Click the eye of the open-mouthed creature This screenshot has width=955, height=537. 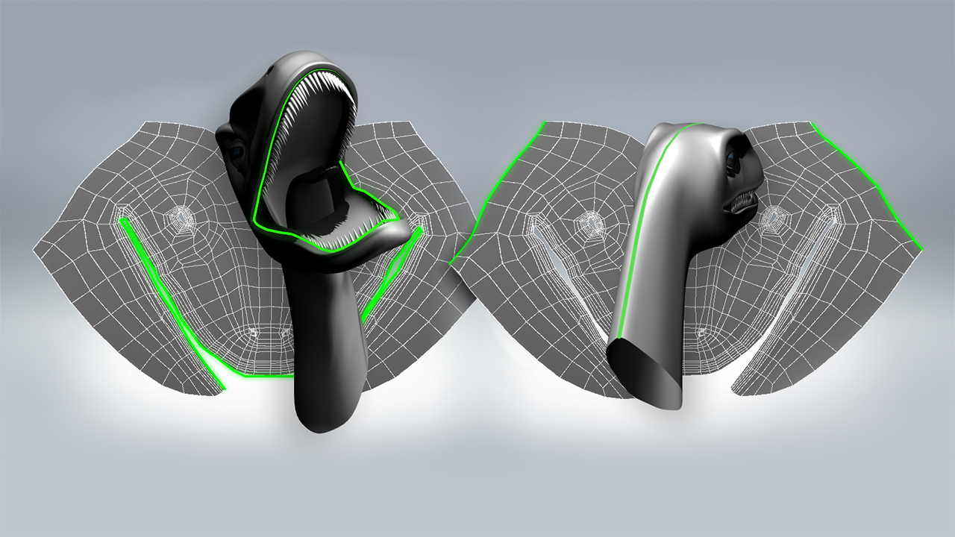click(x=237, y=152)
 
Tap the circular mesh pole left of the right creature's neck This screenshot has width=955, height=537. click(x=591, y=222)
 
